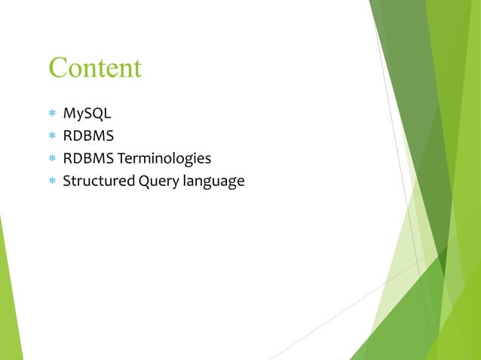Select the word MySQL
(x=87, y=114)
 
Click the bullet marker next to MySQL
(x=52, y=115)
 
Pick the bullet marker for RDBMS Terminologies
(x=52, y=160)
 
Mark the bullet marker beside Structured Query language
(x=52, y=182)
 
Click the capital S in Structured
(x=66, y=182)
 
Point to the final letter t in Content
(x=137, y=68)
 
